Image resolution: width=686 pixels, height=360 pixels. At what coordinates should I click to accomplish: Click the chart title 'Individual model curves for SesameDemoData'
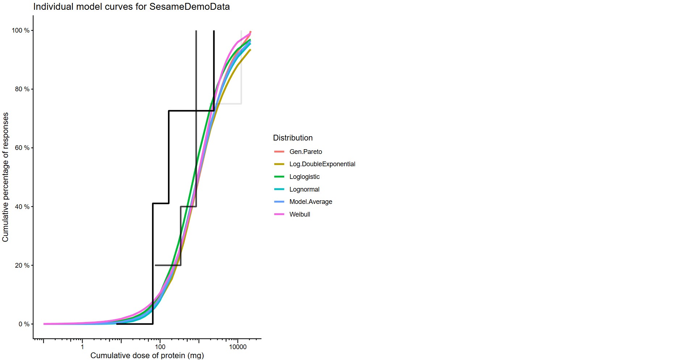tap(131, 7)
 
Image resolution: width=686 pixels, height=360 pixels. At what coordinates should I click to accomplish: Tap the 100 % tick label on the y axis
tap(21, 30)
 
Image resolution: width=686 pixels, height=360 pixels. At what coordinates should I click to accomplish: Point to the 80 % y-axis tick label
tap(22, 89)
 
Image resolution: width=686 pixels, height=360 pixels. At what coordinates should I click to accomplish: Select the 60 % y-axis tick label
tap(22, 148)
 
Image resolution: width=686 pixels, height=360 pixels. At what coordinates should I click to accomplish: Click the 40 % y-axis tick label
tap(22, 206)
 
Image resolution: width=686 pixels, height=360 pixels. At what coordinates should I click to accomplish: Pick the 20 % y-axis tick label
tap(22, 265)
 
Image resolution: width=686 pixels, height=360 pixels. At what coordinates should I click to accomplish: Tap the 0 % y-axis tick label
tap(24, 324)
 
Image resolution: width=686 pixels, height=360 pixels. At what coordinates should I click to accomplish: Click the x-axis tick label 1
tap(82, 347)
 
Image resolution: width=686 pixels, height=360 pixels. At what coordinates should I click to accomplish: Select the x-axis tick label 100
tap(160, 347)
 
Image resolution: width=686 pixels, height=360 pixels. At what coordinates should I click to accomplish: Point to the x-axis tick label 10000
tap(238, 347)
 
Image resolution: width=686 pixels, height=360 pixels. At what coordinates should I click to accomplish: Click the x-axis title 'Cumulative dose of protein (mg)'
tap(147, 355)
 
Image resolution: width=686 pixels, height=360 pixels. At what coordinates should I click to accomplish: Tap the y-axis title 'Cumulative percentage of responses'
tap(5, 177)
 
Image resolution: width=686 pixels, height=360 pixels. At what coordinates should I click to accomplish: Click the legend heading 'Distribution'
tap(293, 138)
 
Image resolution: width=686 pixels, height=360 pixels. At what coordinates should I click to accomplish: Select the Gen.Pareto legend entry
tap(305, 152)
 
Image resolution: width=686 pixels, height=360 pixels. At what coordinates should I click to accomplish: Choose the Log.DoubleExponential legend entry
tap(322, 164)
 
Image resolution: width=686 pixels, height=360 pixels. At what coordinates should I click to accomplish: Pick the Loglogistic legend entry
tap(304, 177)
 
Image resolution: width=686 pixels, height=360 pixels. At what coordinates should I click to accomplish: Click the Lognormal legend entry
tap(304, 189)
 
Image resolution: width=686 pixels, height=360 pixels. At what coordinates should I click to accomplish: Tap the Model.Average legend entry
tap(310, 202)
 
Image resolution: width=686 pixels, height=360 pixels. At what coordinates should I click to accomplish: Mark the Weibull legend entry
tap(300, 214)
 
